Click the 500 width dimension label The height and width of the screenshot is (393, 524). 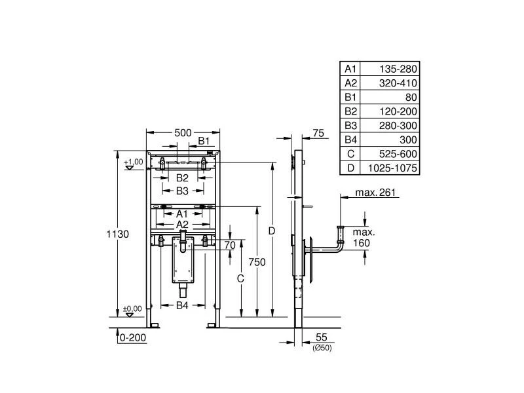[183, 132]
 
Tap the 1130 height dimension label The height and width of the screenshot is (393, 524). [117, 234]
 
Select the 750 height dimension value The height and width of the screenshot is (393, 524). [257, 261]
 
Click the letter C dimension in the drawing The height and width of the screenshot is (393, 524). [240, 278]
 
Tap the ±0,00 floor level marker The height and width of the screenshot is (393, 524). [132, 309]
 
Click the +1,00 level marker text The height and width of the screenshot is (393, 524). [133, 162]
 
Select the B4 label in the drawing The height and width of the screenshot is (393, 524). [183, 306]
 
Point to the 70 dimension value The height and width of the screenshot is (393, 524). [229, 245]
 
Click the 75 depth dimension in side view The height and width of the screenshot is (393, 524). [319, 133]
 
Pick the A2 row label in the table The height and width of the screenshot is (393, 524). [350, 83]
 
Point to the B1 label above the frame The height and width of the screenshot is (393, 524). [204, 140]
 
